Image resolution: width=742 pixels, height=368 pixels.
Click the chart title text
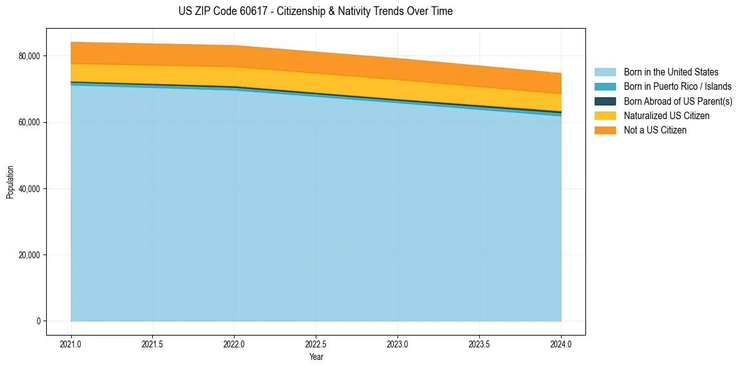(x=316, y=11)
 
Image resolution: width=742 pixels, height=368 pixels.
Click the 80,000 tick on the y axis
(x=29, y=56)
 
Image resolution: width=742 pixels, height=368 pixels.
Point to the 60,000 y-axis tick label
(x=29, y=122)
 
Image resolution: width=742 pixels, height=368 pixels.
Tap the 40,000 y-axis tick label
(x=29, y=189)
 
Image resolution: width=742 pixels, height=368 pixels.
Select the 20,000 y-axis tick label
(x=29, y=255)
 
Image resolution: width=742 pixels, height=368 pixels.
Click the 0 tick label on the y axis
(x=38, y=321)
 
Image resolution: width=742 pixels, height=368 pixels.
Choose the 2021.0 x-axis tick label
(x=71, y=344)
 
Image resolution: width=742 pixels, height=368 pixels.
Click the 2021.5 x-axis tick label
(x=153, y=344)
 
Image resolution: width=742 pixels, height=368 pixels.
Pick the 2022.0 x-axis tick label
(x=235, y=344)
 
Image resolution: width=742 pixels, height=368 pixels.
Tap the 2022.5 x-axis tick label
(x=316, y=344)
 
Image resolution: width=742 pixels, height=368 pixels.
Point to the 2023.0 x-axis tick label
(x=398, y=344)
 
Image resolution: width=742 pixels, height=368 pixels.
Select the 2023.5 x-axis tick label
(x=479, y=344)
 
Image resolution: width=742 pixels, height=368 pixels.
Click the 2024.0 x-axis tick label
(x=561, y=344)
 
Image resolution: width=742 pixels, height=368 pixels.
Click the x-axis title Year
(x=316, y=357)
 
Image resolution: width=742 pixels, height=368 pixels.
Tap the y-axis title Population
(x=10, y=182)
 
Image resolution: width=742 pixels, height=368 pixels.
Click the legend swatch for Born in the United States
(x=605, y=72)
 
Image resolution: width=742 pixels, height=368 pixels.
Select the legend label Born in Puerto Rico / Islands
(x=678, y=87)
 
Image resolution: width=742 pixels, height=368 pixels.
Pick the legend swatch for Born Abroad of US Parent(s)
(x=605, y=101)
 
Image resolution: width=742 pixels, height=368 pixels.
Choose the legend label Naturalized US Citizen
(x=666, y=116)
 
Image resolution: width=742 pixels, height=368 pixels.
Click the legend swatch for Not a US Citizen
(x=605, y=130)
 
